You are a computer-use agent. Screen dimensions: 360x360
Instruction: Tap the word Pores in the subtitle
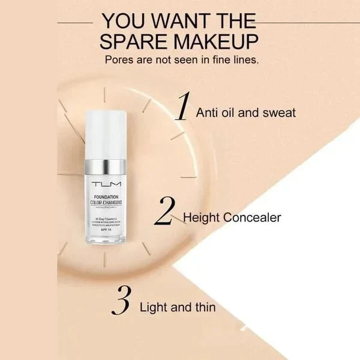[118, 60]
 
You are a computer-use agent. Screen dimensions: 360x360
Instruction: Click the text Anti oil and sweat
[245, 112]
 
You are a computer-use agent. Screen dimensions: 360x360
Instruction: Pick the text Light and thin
[177, 308]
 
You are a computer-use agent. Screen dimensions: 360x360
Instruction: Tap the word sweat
[280, 112]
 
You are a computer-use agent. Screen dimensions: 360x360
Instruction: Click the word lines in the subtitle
[245, 60]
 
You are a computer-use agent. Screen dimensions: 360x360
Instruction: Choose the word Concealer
[251, 217]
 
